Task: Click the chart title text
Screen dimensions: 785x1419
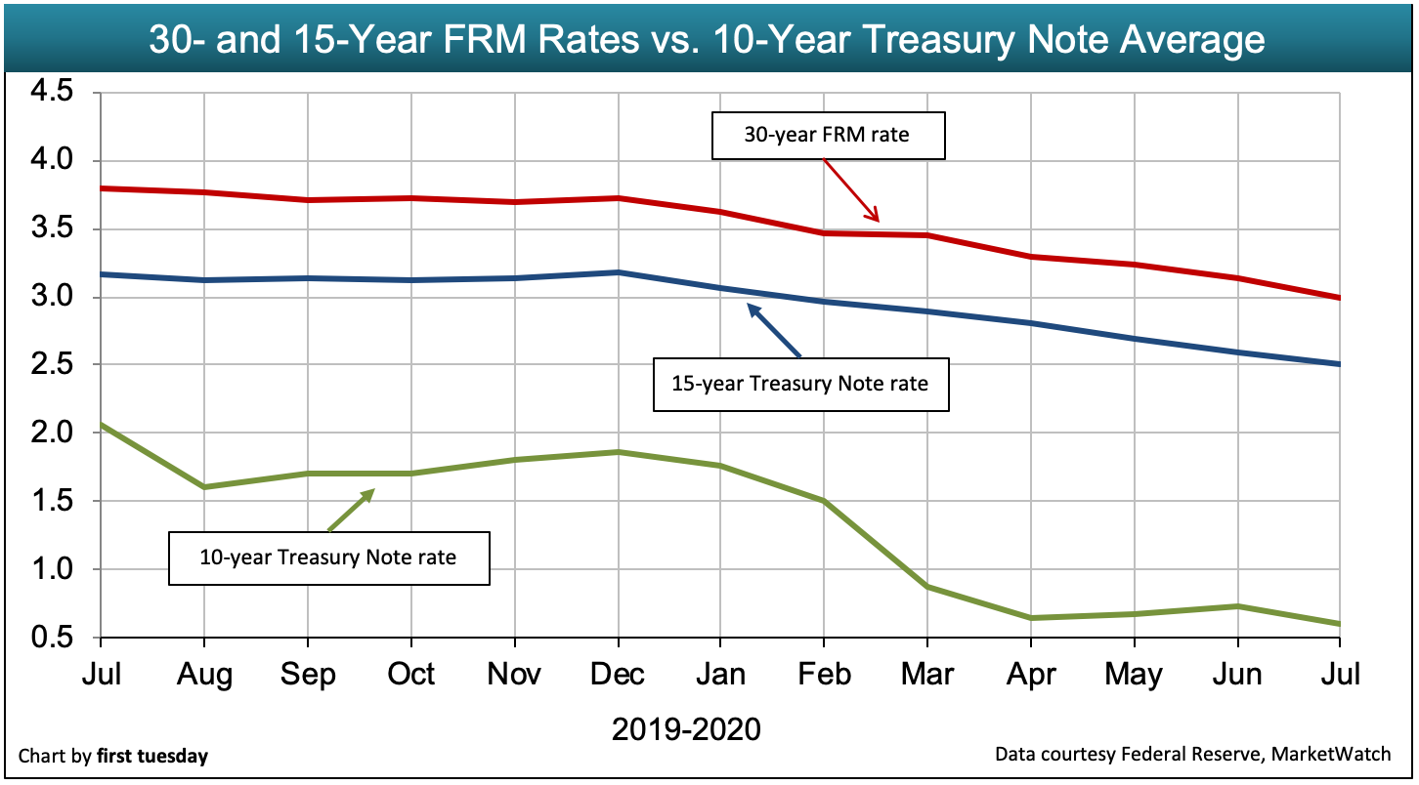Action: [x=707, y=40]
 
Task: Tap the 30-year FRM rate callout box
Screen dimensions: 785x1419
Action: [x=827, y=136]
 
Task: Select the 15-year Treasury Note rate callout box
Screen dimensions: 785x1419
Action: [x=799, y=384]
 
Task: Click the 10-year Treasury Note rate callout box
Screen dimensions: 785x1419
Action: [x=328, y=558]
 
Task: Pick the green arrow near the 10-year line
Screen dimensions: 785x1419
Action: [x=352, y=510]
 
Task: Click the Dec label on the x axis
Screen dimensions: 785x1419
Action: [x=617, y=675]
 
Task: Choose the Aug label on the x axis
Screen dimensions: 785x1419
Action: [x=203, y=675]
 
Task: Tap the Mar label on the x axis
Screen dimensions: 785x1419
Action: [x=926, y=675]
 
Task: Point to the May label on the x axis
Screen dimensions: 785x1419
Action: [x=1134, y=675]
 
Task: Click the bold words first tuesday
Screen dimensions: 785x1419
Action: [x=151, y=756]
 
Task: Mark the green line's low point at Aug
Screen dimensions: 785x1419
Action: [x=203, y=487]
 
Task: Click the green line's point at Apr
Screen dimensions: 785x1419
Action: [x=1030, y=618]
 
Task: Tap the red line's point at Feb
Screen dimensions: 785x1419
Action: [x=823, y=233]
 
